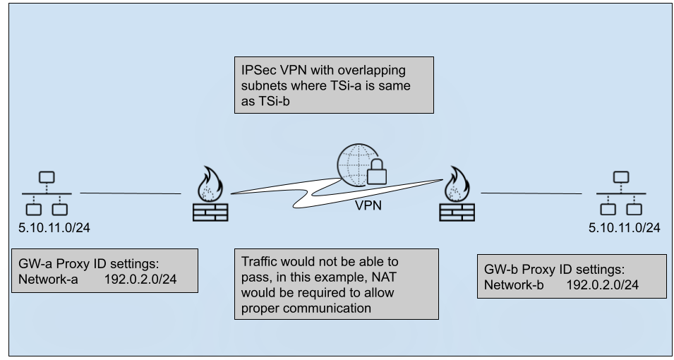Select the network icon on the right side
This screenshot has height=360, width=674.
coord(620,193)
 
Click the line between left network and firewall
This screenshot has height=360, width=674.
coord(130,193)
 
